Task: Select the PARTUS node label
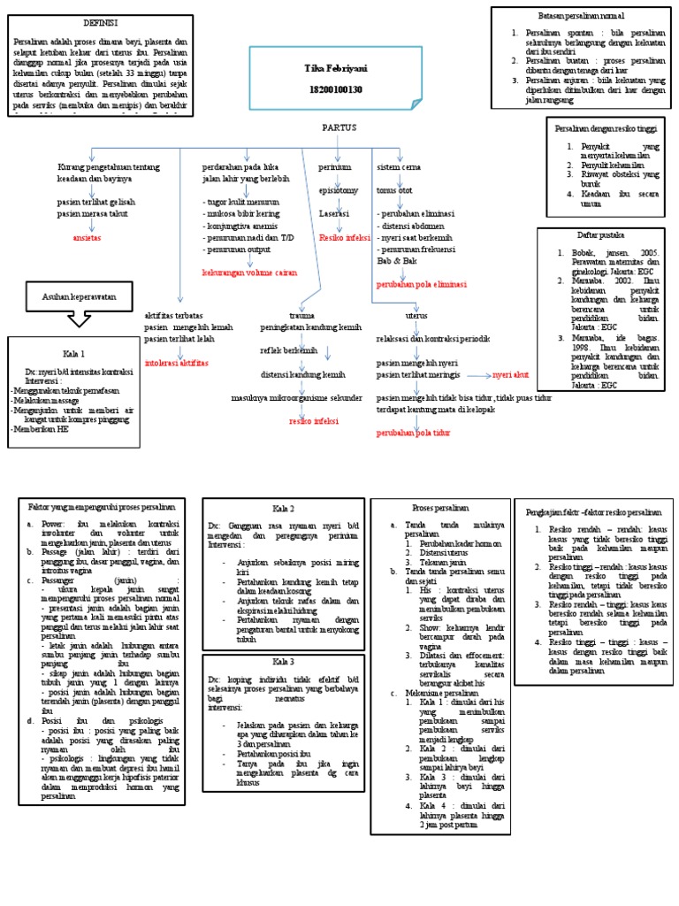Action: pyautogui.click(x=339, y=127)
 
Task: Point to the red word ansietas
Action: pyautogui.click(x=87, y=238)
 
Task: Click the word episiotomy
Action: pyautogui.click(x=339, y=189)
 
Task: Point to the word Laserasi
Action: pyautogui.click(x=335, y=214)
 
